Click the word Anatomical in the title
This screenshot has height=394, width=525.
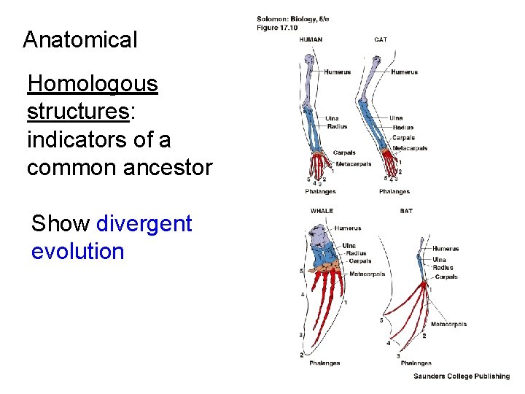[79, 39]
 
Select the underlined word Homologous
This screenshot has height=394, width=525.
[92, 84]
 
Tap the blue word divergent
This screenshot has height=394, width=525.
[144, 223]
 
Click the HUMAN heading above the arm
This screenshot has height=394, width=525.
[311, 39]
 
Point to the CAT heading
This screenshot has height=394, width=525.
[381, 39]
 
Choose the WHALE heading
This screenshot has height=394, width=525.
[322, 211]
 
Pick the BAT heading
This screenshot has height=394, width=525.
[406, 211]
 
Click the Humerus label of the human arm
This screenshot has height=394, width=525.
[338, 72]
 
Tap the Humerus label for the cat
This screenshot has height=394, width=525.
[404, 72]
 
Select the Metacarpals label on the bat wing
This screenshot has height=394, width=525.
[448, 324]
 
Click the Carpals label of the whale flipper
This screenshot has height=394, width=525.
[359, 260]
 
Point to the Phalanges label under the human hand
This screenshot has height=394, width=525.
[320, 192]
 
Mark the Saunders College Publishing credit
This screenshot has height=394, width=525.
[462, 376]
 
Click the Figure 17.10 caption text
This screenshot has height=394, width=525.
[277, 28]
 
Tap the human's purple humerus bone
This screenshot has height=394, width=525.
[309, 80]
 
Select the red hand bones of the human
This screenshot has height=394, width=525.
[319, 164]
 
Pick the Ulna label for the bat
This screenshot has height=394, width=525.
[439, 259]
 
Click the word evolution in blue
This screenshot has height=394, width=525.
[78, 252]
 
